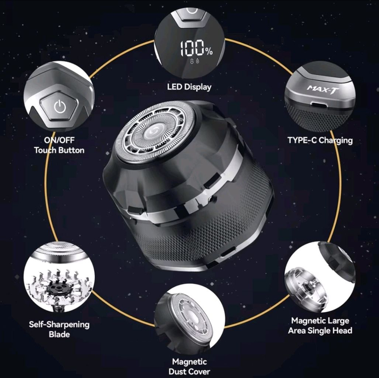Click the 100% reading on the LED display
(197, 48)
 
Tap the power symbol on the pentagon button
(59, 106)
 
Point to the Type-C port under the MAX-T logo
(319, 105)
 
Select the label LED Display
(190, 87)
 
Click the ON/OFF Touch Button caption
(59, 145)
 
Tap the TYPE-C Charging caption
(320, 140)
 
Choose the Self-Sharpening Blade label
(59, 329)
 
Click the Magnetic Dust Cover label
(190, 366)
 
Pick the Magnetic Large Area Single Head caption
(320, 326)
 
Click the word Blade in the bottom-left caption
(59, 334)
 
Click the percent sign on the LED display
(209, 51)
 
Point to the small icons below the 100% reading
(195, 61)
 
